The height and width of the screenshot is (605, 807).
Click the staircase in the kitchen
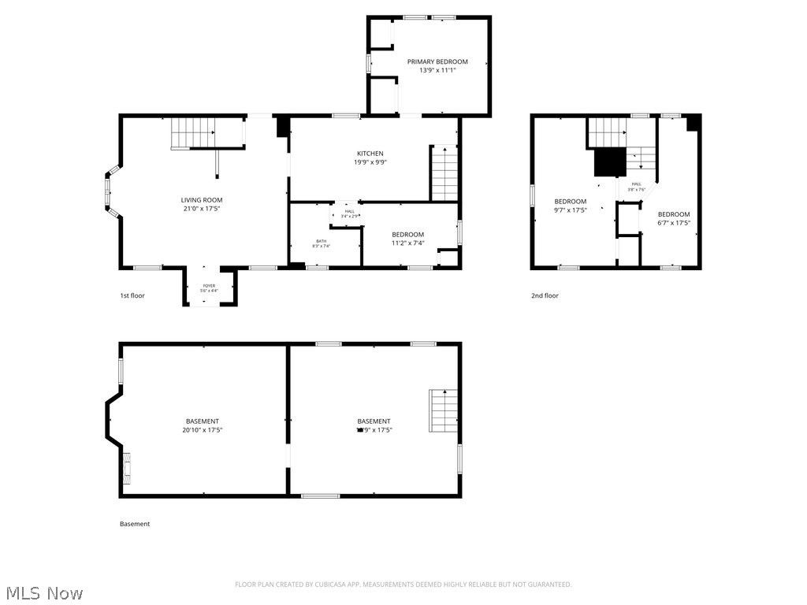[x=444, y=173]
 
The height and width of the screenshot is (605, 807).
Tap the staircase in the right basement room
[x=444, y=410]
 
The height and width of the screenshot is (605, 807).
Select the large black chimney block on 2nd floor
[x=609, y=162]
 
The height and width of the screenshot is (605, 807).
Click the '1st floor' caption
[x=132, y=296]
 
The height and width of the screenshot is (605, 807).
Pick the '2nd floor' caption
[x=545, y=296]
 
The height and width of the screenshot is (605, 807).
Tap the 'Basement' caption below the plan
[x=135, y=524]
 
